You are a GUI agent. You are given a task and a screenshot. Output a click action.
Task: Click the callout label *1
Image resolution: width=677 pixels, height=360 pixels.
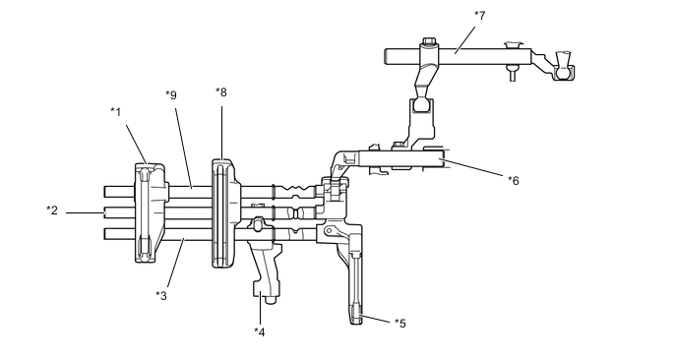click(x=116, y=112)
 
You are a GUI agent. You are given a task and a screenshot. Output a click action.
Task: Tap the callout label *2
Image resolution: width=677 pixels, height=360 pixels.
click(x=52, y=210)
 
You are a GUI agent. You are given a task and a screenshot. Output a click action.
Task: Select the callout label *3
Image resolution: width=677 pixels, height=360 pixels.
click(x=161, y=296)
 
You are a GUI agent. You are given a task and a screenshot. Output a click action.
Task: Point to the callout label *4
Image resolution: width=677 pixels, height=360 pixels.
click(x=259, y=331)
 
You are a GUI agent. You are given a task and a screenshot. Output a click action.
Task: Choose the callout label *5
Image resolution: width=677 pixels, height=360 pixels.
click(x=400, y=324)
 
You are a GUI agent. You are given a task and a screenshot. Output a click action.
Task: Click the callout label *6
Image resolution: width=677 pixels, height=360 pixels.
click(x=514, y=180)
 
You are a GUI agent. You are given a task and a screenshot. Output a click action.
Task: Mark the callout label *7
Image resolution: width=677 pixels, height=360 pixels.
click(x=479, y=16)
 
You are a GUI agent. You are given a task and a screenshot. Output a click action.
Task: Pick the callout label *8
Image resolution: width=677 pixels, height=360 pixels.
click(x=221, y=92)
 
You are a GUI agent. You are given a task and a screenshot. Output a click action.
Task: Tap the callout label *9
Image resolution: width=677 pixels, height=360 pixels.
click(x=171, y=95)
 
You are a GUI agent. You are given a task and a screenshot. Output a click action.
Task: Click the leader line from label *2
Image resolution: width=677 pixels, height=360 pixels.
click(x=85, y=212)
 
